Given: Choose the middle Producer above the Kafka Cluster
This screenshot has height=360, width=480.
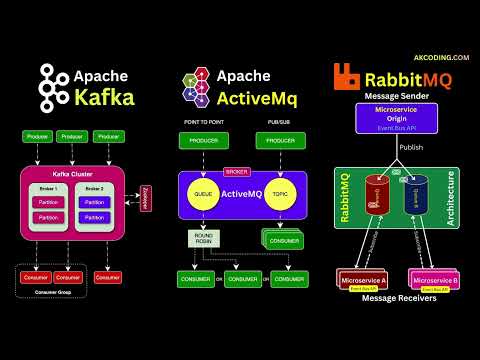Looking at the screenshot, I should (x=71, y=136).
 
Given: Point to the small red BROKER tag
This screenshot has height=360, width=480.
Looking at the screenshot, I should (x=236, y=170).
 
